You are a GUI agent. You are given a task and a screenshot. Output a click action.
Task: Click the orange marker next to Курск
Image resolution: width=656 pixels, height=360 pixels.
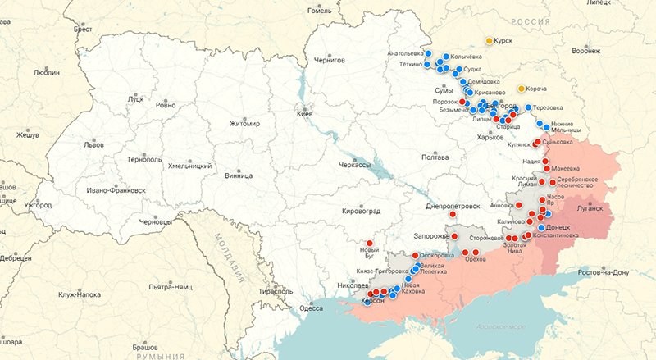[x=490, y=40]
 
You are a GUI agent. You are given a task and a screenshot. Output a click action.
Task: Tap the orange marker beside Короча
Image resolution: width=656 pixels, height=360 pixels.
[x=522, y=89]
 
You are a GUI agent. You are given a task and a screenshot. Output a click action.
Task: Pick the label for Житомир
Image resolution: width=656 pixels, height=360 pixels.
[x=244, y=124]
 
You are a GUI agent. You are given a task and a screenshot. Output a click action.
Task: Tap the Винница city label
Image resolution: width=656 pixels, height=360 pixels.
[x=239, y=175]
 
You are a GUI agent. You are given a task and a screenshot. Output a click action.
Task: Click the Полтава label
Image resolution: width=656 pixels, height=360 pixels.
[x=435, y=157]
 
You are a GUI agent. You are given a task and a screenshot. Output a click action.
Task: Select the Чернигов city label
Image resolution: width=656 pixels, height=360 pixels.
[x=330, y=61]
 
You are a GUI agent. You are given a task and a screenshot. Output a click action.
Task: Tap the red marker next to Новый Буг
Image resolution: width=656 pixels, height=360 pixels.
[x=370, y=243]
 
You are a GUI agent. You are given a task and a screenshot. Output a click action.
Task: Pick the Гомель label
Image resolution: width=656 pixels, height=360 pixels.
[x=319, y=10]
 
